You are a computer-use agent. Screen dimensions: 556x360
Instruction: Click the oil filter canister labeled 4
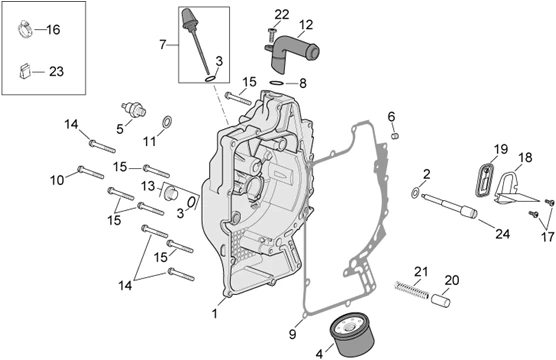[x=352, y=334]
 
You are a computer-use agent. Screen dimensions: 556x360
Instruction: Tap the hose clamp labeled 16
[x=25, y=29]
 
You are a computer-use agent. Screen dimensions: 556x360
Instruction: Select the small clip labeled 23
[x=24, y=71]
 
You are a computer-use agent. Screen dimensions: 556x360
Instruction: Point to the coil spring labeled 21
[x=411, y=289]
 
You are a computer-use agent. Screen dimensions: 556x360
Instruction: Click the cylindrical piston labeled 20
[x=441, y=300]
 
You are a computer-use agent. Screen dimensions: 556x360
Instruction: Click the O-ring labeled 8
[x=277, y=83]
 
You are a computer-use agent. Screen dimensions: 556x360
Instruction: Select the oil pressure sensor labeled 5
[x=134, y=109]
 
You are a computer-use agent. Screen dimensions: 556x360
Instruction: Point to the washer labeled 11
[x=167, y=122]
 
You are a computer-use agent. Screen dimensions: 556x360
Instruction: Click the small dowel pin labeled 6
[x=395, y=135]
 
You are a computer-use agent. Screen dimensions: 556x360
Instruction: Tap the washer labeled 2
[x=415, y=193]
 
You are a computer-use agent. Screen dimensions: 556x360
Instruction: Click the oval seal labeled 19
[x=484, y=180]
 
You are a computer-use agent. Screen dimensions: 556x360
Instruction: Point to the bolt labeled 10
[x=90, y=172]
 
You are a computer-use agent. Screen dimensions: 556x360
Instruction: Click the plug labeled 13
[x=171, y=193]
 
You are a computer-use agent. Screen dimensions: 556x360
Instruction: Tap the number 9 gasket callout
[x=292, y=334]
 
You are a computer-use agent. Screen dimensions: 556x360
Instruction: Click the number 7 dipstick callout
[x=162, y=45]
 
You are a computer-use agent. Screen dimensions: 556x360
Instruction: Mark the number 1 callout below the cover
[x=214, y=314]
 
